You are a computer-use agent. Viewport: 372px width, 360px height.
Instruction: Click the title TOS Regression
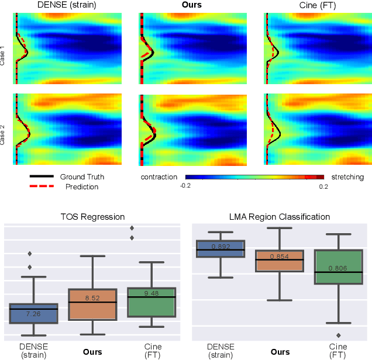[92, 217]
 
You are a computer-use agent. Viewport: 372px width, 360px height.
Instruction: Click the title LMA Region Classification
[280, 217]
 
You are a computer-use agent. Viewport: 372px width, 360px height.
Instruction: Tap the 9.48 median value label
[151, 293]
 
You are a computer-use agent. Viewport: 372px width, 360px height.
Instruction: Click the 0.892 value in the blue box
[220, 246]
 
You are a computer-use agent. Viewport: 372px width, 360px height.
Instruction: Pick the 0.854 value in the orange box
[280, 257]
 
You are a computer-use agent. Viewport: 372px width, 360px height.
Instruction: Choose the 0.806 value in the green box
[339, 268]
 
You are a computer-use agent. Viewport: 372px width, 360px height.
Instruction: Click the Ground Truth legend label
[82, 176]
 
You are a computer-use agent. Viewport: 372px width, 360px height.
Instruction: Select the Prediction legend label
[82, 187]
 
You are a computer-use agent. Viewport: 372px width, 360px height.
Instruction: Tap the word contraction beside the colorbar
[159, 177]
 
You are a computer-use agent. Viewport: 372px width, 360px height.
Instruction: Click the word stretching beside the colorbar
[347, 177]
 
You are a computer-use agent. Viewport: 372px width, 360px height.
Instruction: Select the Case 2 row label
[4, 133]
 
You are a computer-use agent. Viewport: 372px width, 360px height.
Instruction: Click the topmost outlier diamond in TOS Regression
[132, 228]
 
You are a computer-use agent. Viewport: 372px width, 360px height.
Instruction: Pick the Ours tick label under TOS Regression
[92, 352]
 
